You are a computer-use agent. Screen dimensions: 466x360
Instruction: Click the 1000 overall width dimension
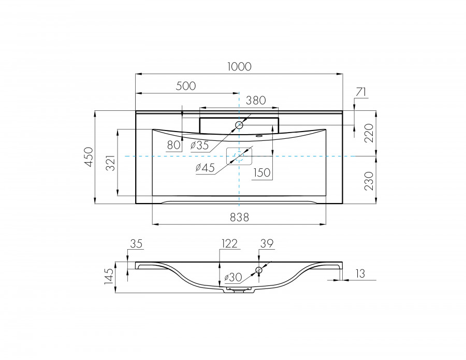click(239, 66)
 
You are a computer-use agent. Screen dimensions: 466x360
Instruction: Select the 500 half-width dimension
click(186, 86)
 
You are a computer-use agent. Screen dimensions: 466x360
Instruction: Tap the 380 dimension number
click(256, 100)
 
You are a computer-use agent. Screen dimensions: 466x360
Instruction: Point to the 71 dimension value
click(361, 92)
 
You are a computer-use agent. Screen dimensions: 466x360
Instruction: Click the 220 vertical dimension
click(369, 133)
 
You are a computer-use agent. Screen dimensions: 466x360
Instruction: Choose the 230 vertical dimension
click(369, 180)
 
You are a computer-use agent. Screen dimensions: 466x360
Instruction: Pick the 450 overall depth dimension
click(88, 157)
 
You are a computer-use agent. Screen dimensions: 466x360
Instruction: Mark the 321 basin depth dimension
click(111, 163)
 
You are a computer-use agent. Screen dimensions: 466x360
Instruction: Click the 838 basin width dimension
click(239, 218)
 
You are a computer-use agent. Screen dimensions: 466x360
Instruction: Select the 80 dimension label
click(173, 145)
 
